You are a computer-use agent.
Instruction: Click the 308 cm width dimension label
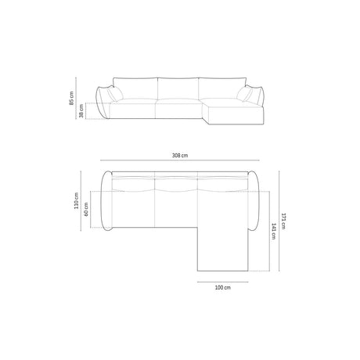[180, 156]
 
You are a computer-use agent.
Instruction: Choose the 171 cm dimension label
[284, 223]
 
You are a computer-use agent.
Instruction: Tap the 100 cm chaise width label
[222, 288]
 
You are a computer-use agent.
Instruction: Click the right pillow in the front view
[247, 95]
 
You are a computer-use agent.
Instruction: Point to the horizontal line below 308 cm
[180, 163]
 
